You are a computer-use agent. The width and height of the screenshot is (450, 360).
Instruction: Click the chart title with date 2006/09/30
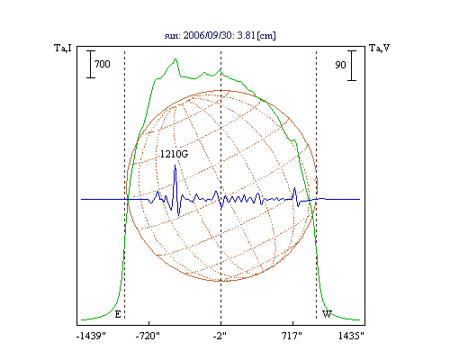click(220, 35)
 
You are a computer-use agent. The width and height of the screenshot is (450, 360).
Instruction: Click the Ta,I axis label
click(63, 48)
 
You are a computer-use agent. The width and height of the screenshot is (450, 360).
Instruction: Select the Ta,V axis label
click(380, 48)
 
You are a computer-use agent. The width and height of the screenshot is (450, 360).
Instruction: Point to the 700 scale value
click(103, 64)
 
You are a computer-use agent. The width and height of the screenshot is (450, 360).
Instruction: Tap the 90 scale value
click(340, 65)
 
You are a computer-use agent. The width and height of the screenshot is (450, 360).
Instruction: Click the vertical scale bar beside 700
click(91, 64)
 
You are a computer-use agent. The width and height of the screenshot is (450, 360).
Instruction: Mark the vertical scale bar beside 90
click(352, 66)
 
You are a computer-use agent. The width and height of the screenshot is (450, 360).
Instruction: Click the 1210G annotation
click(174, 154)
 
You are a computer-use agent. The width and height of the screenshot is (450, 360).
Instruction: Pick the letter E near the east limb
click(118, 314)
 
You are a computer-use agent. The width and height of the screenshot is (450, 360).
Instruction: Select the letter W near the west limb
click(327, 314)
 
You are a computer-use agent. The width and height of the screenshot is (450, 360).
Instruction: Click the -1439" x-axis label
click(91, 336)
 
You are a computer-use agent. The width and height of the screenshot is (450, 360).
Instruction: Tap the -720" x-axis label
click(148, 336)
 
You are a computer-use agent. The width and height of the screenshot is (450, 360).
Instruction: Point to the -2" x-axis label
click(220, 336)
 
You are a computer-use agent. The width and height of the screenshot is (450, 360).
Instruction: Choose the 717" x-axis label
click(292, 336)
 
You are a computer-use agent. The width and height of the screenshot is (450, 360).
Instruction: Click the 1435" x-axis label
click(351, 336)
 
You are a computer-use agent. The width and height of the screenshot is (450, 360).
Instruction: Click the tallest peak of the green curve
click(175, 58)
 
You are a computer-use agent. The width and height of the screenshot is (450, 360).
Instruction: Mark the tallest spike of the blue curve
click(175, 166)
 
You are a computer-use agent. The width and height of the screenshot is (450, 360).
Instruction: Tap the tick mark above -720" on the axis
click(149, 323)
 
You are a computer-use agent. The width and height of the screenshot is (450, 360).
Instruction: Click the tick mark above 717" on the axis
click(293, 323)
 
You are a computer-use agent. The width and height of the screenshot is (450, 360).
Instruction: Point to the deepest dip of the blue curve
click(179, 215)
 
